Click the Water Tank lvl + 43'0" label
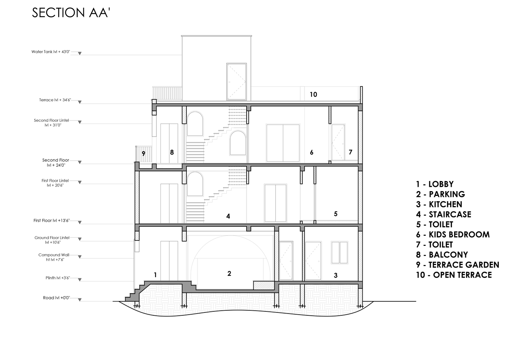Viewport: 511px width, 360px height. click(x=50, y=52)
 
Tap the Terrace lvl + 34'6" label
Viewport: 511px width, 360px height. click(x=55, y=100)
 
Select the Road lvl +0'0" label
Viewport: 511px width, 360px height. click(x=56, y=298)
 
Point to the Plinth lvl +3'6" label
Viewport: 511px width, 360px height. click(x=58, y=278)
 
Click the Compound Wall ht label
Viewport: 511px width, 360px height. click(x=54, y=257)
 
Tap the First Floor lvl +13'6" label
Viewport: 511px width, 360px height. click(x=51, y=220)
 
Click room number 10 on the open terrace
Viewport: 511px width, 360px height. click(x=313, y=94)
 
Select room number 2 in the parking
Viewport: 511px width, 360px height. click(x=229, y=274)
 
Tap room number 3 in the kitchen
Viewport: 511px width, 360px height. click(x=336, y=275)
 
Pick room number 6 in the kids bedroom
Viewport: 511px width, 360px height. click(x=312, y=152)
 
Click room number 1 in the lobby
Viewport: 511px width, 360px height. click(x=155, y=275)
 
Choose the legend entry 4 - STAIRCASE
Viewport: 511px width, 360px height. click(x=443, y=215)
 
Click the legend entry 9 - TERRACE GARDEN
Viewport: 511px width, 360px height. click(x=457, y=265)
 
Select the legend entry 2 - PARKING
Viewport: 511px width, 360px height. click(x=440, y=194)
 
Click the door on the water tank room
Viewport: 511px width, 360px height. click(x=236, y=82)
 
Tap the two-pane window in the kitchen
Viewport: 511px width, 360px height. click(x=340, y=253)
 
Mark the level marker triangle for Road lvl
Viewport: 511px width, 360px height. click(x=80, y=300)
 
